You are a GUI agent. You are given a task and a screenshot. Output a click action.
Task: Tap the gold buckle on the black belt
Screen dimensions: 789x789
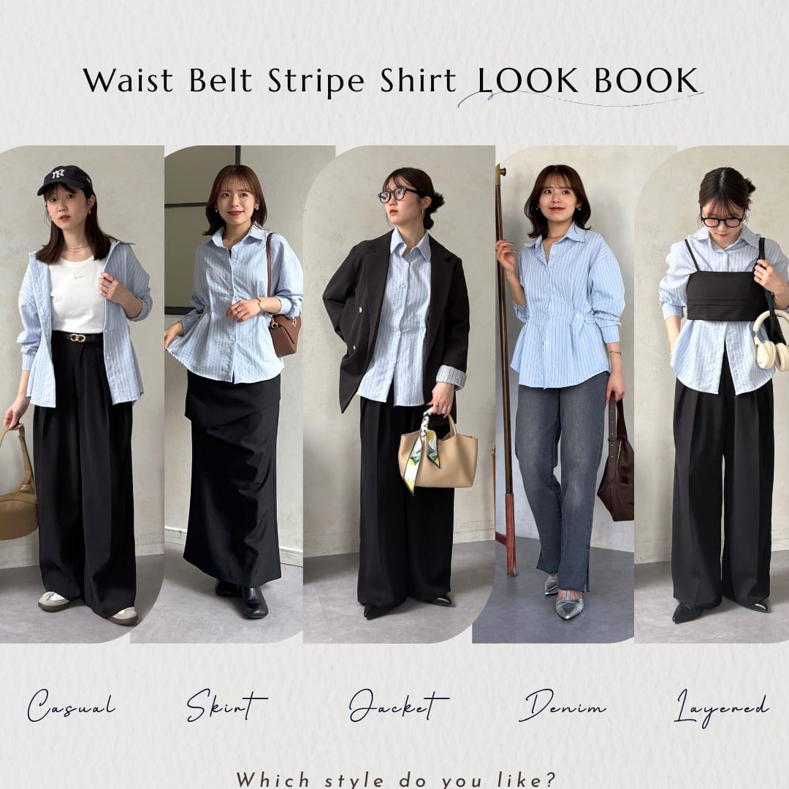click(77, 338)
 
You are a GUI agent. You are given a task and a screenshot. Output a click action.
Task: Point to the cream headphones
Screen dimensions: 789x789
click(771, 340)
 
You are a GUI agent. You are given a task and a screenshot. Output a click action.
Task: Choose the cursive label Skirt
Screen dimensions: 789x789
click(226, 705)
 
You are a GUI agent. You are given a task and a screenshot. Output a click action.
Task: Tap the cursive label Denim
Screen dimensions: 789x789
click(562, 706)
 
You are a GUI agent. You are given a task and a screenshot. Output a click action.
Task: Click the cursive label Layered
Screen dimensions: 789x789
click(721, 707)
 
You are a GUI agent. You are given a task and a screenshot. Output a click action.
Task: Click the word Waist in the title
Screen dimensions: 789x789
click(128, 80)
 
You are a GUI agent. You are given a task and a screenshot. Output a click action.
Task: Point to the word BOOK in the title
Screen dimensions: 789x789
click(647, 80)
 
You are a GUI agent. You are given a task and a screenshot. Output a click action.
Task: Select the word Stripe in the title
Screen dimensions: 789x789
click(316, 82)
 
